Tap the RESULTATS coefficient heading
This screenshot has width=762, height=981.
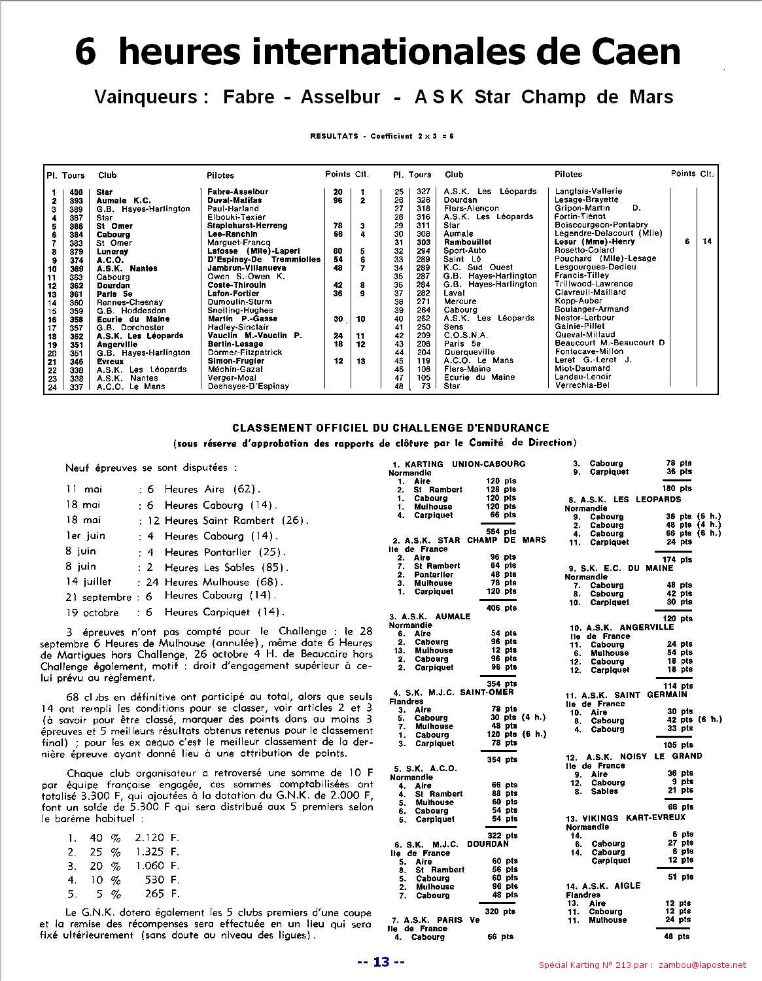click(382, 136)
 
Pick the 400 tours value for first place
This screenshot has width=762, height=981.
click(77, 192)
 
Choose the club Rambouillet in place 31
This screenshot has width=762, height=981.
click(468, 242)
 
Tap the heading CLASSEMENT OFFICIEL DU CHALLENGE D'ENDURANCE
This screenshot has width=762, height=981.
click(390, 428)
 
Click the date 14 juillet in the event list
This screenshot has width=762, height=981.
click(88, 581)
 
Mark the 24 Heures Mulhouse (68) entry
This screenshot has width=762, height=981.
click(224, 582)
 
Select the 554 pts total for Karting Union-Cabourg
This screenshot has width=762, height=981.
click(502, 532)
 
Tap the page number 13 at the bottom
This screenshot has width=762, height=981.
click(381, 961)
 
